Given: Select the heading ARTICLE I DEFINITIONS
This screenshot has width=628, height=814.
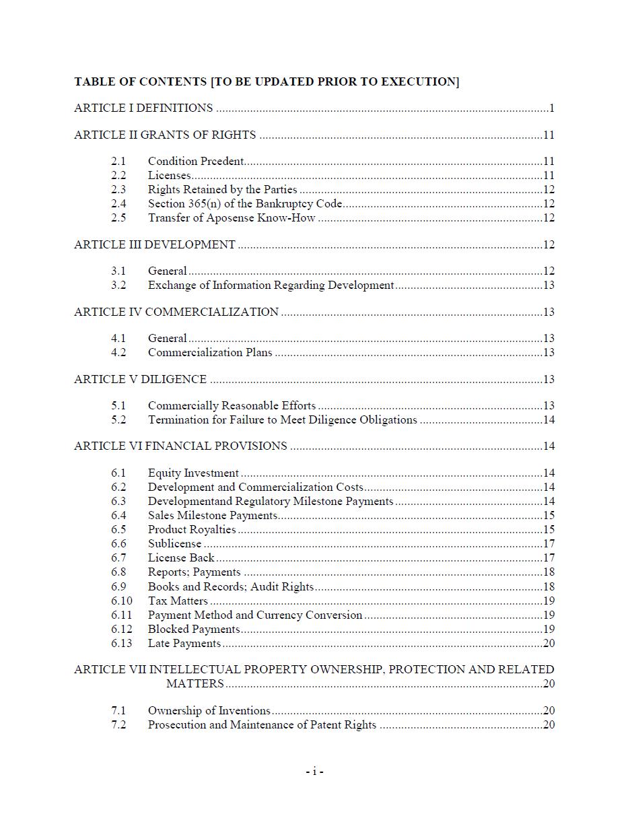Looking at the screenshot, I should point(143,108).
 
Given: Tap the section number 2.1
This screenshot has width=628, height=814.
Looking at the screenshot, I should point(118,161).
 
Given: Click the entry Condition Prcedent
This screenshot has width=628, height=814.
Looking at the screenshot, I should point(196,161).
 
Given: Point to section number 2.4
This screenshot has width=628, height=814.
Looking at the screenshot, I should point(118,203).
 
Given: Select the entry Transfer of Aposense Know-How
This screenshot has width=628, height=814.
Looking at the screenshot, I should point(232,217).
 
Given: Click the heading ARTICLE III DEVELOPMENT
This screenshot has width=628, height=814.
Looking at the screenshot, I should point(155,244).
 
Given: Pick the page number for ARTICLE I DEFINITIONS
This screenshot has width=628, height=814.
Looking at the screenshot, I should point(551,108).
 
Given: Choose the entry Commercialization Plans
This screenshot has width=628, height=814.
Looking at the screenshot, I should point(210,352).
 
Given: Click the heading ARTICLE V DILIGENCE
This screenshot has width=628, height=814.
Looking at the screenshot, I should point(140,379).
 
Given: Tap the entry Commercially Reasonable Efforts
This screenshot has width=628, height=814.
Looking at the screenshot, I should point(232,405).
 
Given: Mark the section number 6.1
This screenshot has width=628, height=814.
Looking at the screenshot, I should point(118,473).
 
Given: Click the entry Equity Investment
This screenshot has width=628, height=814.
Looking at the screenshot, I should point(193,473).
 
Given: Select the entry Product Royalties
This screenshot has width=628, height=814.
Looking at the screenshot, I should point(192,529).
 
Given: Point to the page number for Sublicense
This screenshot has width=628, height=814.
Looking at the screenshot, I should point(549,543).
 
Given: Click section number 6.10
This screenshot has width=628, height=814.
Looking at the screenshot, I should point(121,601).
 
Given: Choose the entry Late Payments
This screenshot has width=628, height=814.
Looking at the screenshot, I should point(184,643).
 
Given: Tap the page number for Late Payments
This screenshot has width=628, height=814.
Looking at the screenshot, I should point(549,643).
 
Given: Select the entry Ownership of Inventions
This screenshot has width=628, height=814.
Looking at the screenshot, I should point(209,710).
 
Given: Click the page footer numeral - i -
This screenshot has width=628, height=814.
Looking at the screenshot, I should point(314,772).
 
